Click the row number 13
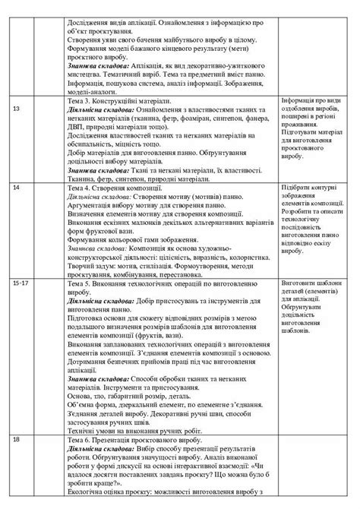point(17,109)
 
